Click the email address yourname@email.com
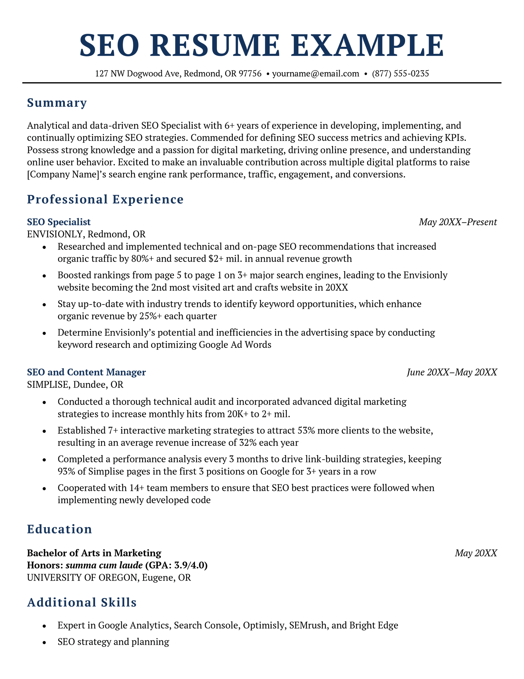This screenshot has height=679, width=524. coord(315,73)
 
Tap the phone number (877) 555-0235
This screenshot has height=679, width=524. coord(400,73)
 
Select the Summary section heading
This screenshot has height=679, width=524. coord(57,103)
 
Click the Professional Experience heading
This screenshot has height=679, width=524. coord(105,199)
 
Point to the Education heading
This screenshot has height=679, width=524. coord(59,529)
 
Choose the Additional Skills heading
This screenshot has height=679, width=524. coord(82,602)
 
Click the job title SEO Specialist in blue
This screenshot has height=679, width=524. coord(59,222)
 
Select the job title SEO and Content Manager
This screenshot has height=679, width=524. coord(86,372)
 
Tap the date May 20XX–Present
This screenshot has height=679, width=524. coord(458,222)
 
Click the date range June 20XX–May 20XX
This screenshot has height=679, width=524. coord(452,372)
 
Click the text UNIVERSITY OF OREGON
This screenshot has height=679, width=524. coord(82,577)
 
